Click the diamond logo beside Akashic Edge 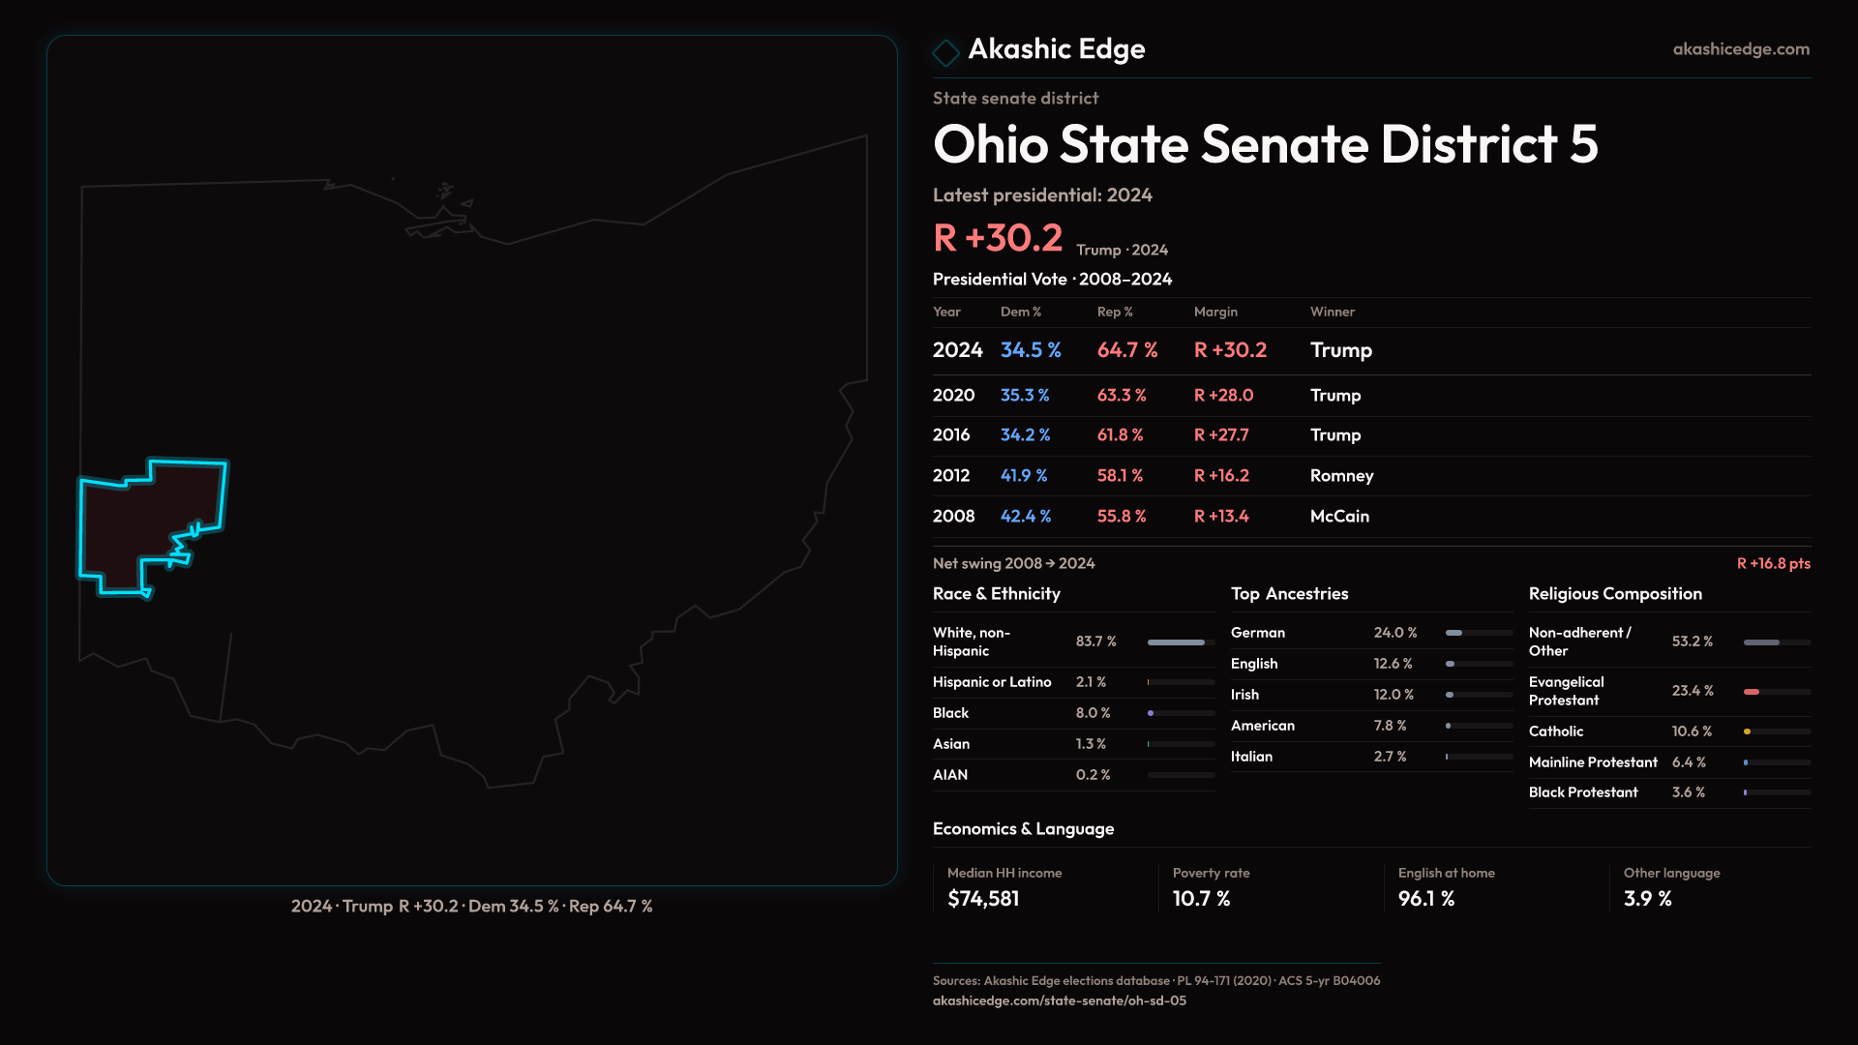[945, 51]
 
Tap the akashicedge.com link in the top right [1741, 49]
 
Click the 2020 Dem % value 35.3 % [1025, 396]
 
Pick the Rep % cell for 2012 [1120, 476]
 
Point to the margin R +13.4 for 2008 [1221, 517]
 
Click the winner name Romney [1341, 476]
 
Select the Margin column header [1215, 312]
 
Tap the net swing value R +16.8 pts [1773, 564]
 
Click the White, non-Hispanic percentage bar [1177, 642]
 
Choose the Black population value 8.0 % [1093, 713]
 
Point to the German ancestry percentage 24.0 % [1395, 633]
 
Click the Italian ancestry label [1251, 757]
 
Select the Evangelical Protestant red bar [1752, 692]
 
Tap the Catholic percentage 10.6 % [1692, 731]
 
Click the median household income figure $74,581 [983, 899]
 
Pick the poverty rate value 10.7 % [1201, 899]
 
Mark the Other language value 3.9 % [1647, 899]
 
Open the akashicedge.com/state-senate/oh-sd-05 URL [1059, 1001]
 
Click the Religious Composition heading [1615, 594]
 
